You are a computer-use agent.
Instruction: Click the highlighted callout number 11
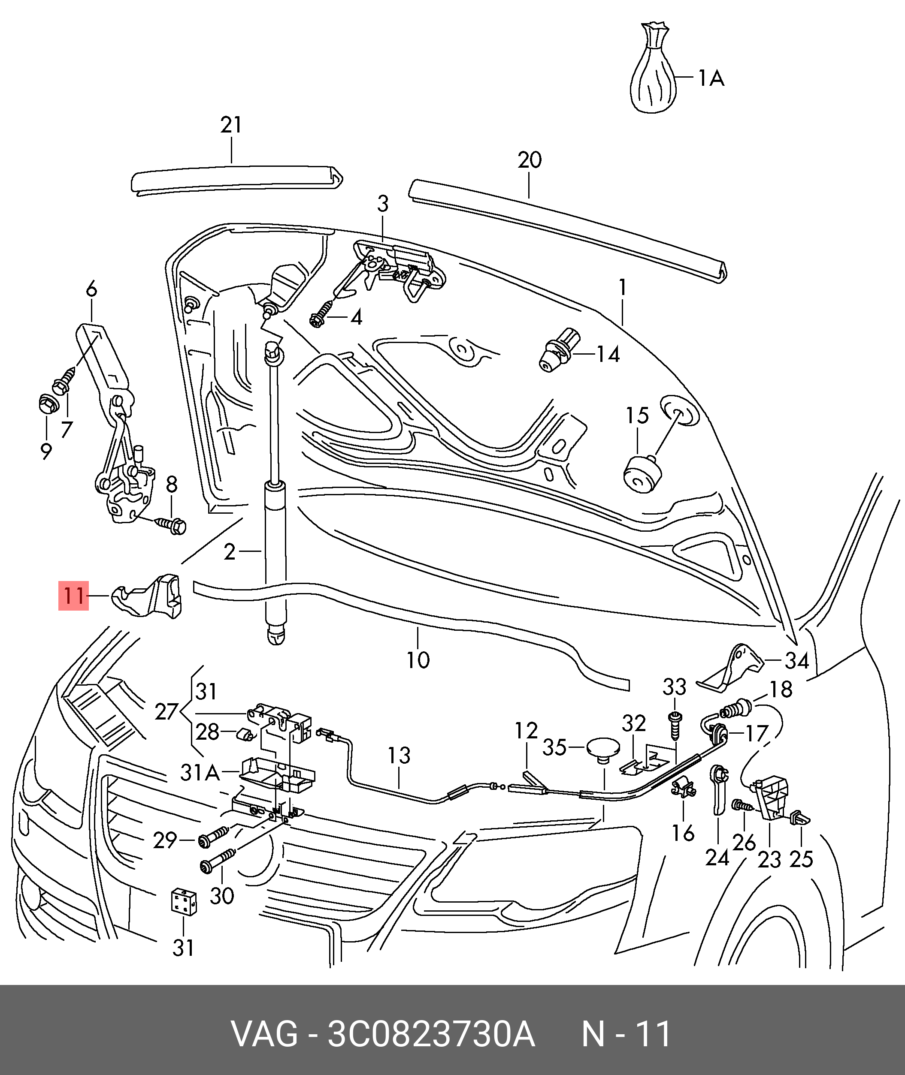(73, 596)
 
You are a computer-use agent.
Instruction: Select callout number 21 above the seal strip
(231, 125)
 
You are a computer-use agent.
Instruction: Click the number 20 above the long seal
(530, 160)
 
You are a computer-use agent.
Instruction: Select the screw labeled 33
(675, 724)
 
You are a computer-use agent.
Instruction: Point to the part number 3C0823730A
(431, 1034)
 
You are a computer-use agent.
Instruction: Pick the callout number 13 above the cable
(399, 755)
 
